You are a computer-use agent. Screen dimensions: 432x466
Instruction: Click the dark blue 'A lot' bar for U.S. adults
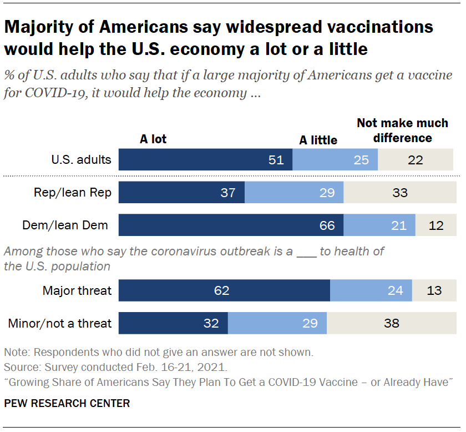(x=205, y=160)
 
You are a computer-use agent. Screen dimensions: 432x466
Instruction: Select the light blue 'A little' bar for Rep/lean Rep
(x=294, y=193)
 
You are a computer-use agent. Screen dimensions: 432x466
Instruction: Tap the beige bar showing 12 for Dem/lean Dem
(x=435, y=225)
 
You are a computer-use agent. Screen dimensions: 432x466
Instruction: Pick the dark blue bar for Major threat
(x=224, y=290)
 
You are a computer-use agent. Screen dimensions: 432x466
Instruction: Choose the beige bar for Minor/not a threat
(x=391, y=323)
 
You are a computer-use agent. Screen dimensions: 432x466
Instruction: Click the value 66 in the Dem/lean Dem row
(x=327, y=225)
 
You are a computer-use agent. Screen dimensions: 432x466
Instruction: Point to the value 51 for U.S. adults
(x=276, y=160)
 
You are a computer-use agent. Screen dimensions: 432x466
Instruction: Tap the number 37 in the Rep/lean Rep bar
(x=228, y=193)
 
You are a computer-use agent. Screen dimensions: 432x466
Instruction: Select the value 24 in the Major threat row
(x=396, y=290)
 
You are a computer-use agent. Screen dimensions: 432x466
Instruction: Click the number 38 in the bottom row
(x=392, y=323)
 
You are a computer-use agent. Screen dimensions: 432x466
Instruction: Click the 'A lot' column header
(x=153, y=139)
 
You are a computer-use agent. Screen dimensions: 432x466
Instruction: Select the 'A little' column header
(x=318, y=140)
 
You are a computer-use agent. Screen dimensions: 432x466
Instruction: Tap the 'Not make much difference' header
(x=402, y=130)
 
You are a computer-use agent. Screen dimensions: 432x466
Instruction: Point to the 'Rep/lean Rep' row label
(x=72, y=193)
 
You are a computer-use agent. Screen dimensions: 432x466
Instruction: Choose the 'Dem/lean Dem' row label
(x=65, y=225)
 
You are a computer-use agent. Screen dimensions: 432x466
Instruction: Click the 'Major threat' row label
(x=77, y=290)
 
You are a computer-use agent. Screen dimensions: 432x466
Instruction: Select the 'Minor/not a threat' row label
(x=60, y=323)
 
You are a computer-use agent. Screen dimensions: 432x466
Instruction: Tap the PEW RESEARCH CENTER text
(x=67, y=404)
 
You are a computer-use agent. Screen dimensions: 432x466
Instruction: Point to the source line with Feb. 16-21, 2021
(x=115, y=368)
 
